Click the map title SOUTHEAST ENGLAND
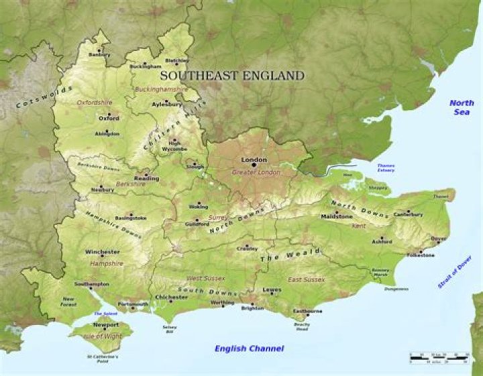[x=232, y=76]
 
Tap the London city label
[x=254, y=160]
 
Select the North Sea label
[x=462, y=108]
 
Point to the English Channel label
[x=249, y=349]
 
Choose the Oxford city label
[x=109, y=119]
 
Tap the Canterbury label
[x=408, y=214]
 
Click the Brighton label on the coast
[x=253, y=308]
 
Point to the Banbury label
[x=99, y=55]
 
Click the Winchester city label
[x=102, y=252]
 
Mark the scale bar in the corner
[x=439, y=359]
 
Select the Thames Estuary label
[x=386, y=168]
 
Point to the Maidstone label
[x=336, y=217]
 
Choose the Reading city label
[x=146, y=179]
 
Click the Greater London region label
[x=256, y=172]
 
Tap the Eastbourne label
[x=308, y=312]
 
